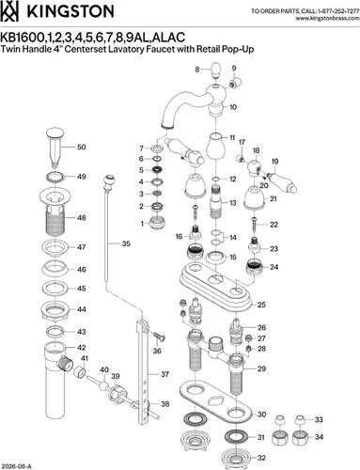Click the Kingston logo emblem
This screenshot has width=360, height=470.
point(9,11)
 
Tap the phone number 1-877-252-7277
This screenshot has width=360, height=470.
point(338,11)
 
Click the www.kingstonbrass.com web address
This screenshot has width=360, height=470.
point(327,18)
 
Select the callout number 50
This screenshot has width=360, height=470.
point(82,147)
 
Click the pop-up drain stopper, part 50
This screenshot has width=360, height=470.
point(55,147)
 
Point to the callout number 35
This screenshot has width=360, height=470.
point(126,243)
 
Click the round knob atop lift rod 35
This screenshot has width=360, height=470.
point(109,181)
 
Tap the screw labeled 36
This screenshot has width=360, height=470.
point(160,337)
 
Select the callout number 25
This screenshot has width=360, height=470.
point(261,305)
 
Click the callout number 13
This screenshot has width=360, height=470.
point(233,203)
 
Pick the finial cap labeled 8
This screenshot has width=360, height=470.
point(215,70)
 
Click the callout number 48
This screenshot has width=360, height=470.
point(82,217)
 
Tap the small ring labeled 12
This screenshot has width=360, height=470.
point(216,180)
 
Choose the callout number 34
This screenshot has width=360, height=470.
point(319,437)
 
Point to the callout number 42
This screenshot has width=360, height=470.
point(82,348)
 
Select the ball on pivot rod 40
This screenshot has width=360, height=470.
point(103,385)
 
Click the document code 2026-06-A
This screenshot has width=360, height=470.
point(16,466)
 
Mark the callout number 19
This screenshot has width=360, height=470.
point(274,162)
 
